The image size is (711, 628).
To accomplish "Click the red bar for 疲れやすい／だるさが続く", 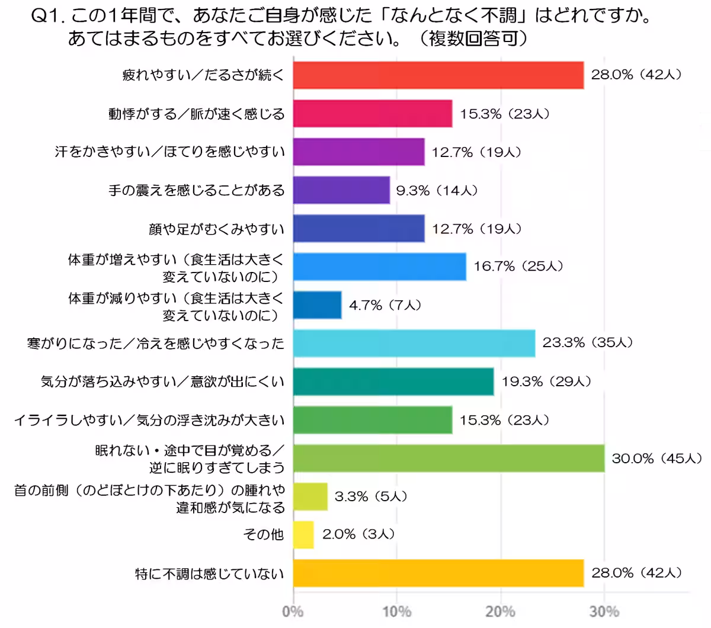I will coord(438,75).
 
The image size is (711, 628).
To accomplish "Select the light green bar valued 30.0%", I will coord(449,459).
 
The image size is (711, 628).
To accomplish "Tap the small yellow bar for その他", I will coord(303,535).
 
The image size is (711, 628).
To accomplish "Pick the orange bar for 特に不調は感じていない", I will coord(438,573).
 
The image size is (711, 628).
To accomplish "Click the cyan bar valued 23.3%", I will coord(414,343).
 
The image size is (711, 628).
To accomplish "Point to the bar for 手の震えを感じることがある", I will coord(341,190).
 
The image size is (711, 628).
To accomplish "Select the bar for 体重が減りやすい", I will coord(317,305).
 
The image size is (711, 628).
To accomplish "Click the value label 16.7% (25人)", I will coord(518,267).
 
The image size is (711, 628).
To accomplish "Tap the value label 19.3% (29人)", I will coord(546,382).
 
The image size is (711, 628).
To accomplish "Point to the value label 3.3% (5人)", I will coord(370,496).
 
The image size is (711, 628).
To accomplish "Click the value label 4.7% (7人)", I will coord(385,305).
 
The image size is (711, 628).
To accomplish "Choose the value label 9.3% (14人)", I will coord(437,190).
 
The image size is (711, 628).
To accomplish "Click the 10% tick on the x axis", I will coord(396,611).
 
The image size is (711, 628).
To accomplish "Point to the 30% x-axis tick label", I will coord(604,611).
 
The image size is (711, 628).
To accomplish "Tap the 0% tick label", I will coord(293,611).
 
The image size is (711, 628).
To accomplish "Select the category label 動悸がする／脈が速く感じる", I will coord(196,114).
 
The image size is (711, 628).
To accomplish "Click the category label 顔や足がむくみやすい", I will coord(216,229).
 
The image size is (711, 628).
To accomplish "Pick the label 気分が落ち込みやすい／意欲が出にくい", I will coord(162,382).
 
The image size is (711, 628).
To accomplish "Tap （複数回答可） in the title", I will coord(473,39).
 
